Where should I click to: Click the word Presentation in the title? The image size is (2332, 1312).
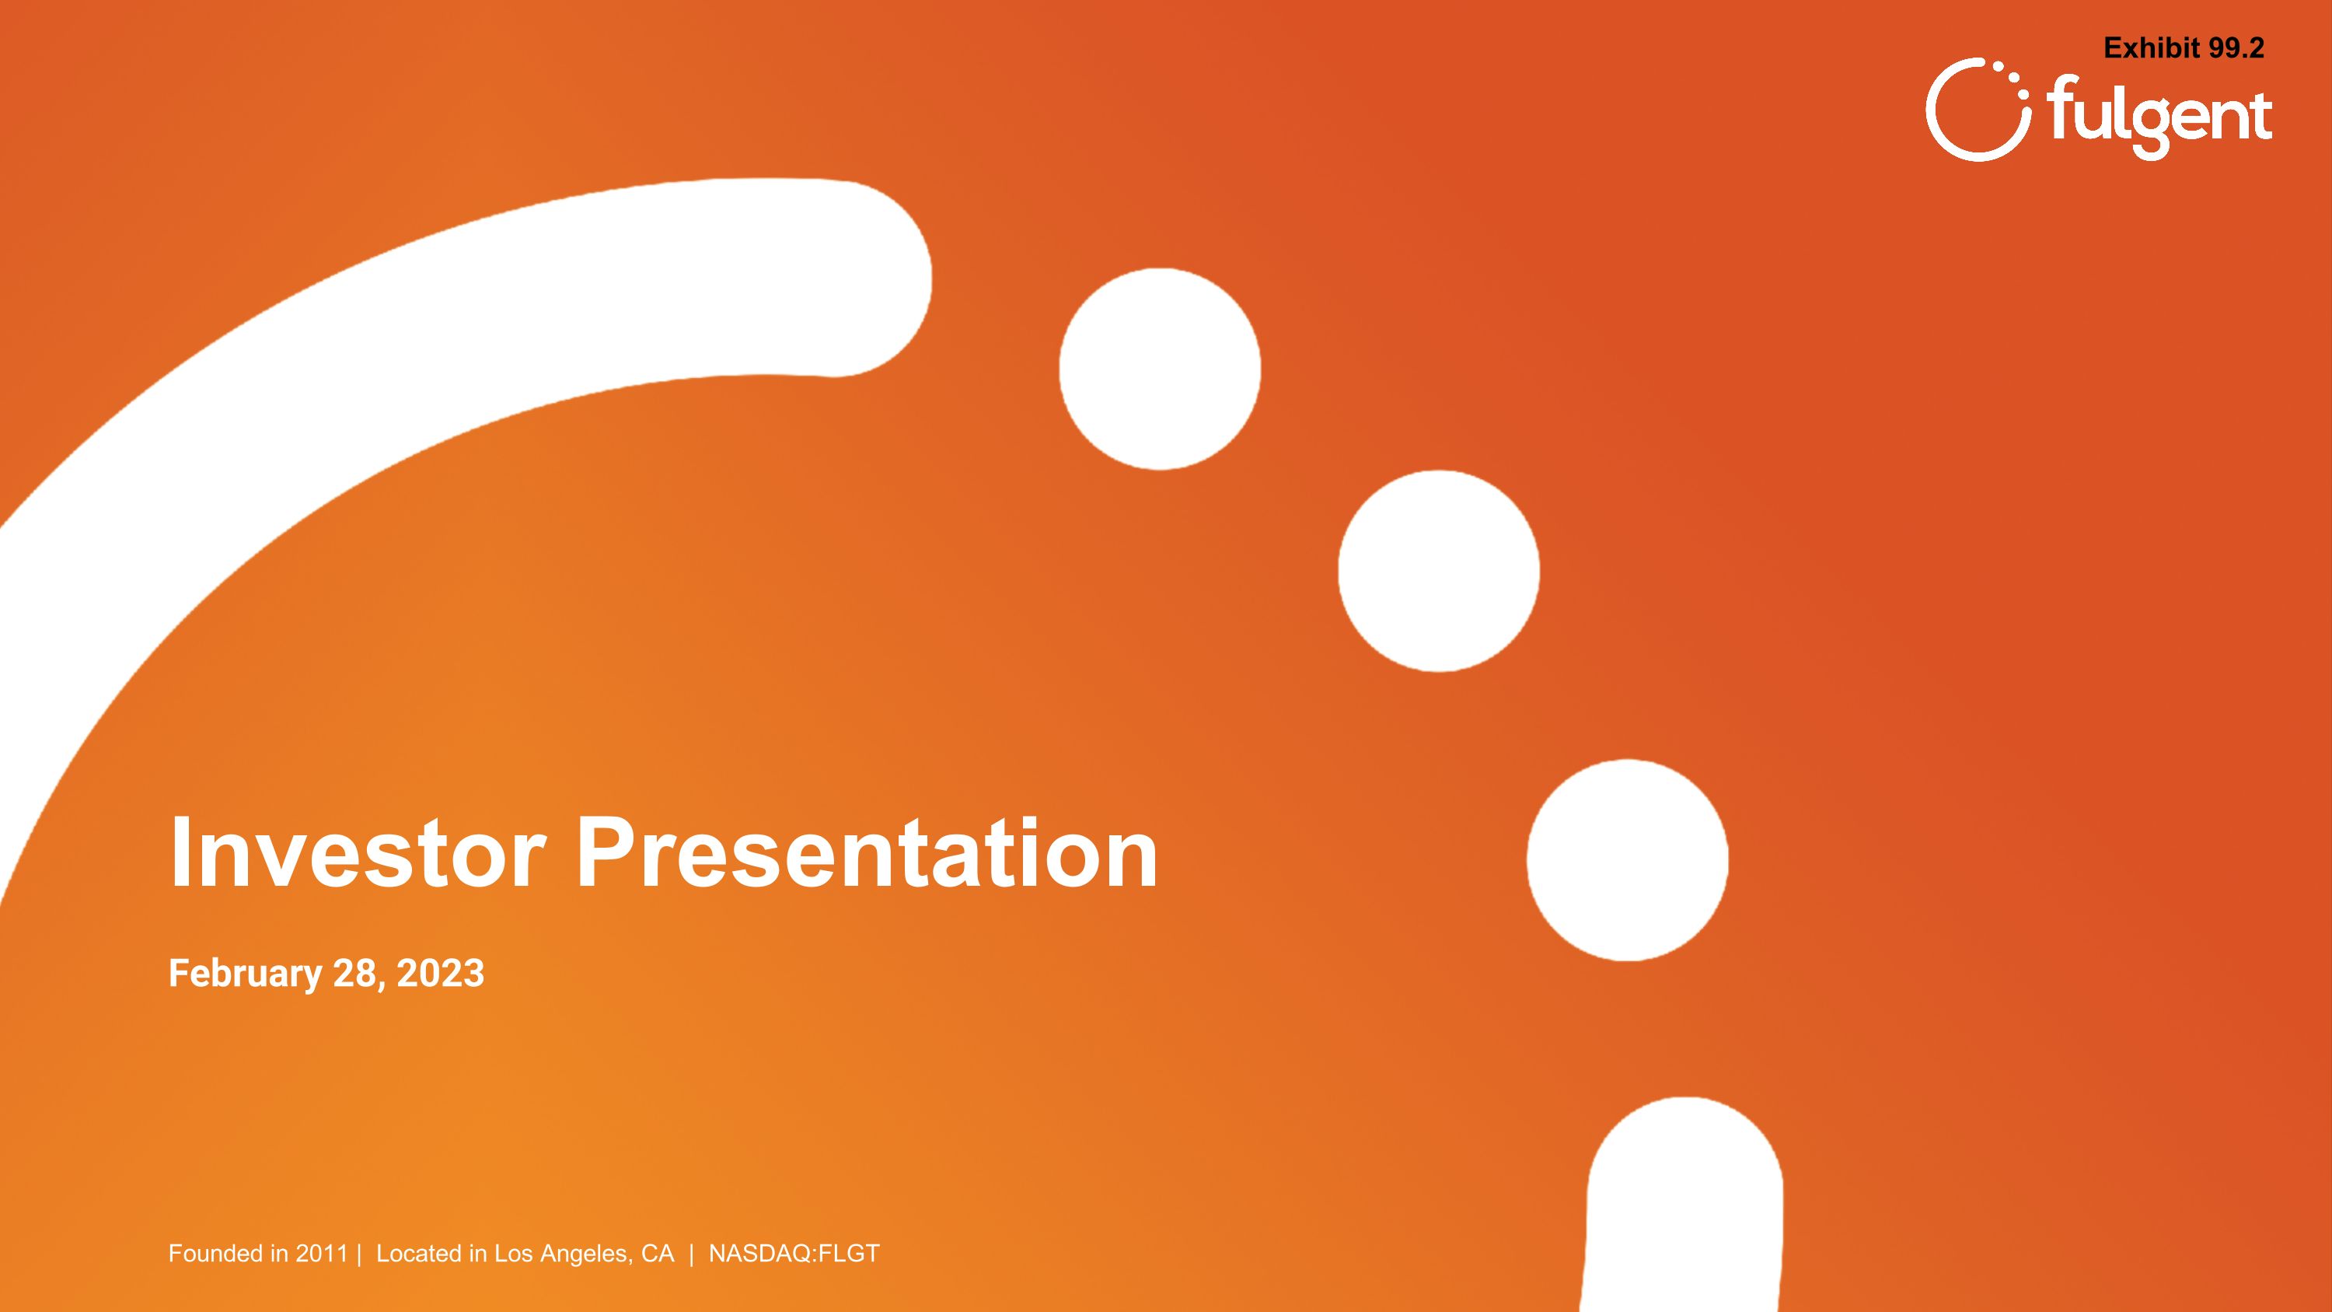pos(867,852)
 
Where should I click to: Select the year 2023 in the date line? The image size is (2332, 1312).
pos(440,974)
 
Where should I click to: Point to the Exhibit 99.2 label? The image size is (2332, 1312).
pos(2183,48)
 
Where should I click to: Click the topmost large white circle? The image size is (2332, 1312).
pos(1160,369)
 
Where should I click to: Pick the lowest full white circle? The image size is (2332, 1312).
pos(1627,859)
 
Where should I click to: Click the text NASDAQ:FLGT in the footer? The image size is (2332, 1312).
pos(794,1253)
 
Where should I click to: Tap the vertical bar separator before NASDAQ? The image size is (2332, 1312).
pos(692,1253)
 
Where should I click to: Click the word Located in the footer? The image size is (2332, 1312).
pos(418,1253)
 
